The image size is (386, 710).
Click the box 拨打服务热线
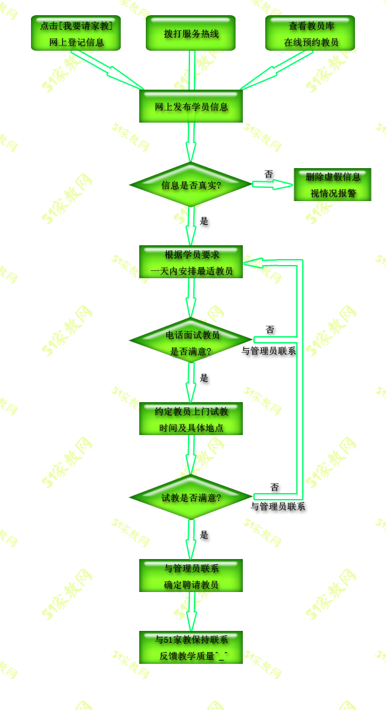(x=191, y=33)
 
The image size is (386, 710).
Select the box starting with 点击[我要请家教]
(x=76, y=33)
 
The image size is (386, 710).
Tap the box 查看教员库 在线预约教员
(x=310, y=33)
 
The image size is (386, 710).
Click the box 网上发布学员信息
(x=191, y=106)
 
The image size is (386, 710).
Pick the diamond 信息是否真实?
(x=191, y=185)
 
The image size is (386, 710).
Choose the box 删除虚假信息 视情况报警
(x=333, y=185)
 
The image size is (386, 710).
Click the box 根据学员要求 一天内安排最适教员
(x=191, y=262)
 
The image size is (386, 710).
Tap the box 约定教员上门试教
(x=191, y=419)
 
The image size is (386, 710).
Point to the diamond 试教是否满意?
(x=191, y=497)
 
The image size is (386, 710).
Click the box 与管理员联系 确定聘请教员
(x=191, y=576)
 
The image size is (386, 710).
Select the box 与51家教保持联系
(x=191, y=647)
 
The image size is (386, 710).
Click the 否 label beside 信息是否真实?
(x=269, y=174)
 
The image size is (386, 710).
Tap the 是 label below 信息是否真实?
(x=205, y=221)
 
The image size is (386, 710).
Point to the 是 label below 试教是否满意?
(x=205, y=535)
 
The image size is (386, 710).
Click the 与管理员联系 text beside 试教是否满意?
(x=278, y=507)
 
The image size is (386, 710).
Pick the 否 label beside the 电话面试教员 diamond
(x=270, y=330)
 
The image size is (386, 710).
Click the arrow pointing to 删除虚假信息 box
(x=273, y=185)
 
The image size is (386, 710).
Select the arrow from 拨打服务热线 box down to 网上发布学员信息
(x=191, y=70)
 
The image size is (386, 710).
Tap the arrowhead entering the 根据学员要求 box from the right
(x=253, y=262)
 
